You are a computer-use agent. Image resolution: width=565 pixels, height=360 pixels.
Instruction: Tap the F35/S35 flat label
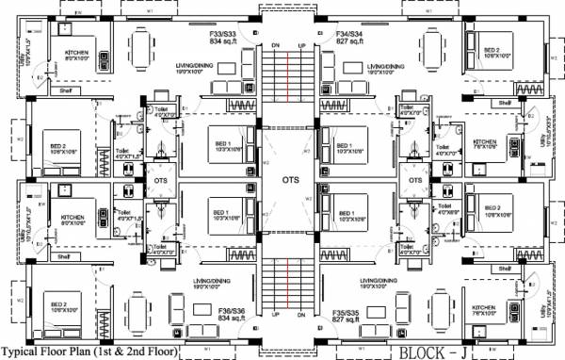coord(347,310)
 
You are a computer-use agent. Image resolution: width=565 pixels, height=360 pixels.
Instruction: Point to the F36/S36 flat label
coord(232,310)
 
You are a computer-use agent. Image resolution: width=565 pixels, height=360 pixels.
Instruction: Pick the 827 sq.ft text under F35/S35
coord(347,319)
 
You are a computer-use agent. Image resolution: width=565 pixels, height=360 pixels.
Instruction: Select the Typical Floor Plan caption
coord(89,352)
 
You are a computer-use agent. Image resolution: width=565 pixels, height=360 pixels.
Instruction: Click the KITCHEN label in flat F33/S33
coord(77,53)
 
